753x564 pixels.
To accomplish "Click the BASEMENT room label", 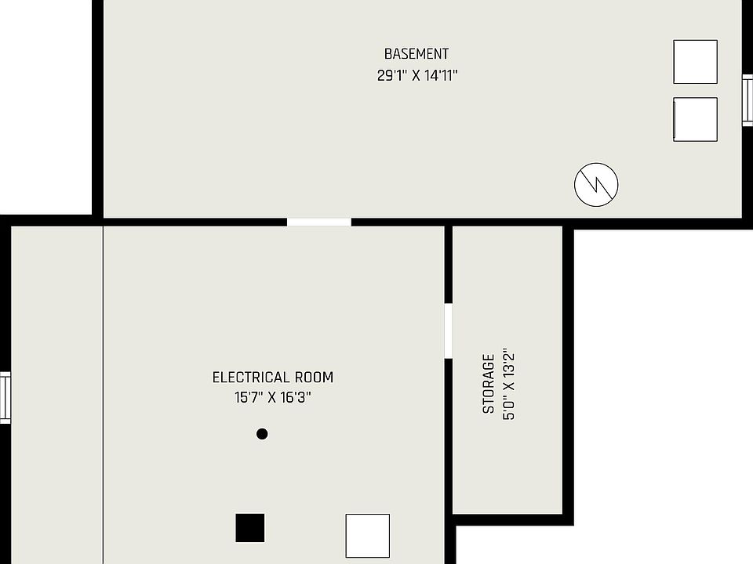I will (x=417, y=54).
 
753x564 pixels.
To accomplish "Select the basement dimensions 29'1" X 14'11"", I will (x=417, y=76).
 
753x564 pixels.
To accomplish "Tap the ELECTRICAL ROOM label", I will (x=273, y=378).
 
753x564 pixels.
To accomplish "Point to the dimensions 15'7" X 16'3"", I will (x=273, y=397).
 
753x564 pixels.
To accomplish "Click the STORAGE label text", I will (x=489, y=384).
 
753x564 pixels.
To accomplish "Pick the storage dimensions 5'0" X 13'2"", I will (x=509, y=384).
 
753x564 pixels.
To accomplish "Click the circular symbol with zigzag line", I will (x=596, y=185).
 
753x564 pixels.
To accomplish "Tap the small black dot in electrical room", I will (x=262, y=434).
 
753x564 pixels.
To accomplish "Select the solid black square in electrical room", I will (x=250, y=528).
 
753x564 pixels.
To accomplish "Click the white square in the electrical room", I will (x=368, y=536).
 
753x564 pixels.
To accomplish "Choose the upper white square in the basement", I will (x=695, y=62).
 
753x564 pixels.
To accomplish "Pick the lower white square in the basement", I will (x=695, y=119).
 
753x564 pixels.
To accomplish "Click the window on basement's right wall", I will (x=748, y=99).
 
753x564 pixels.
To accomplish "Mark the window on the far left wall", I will (x=5, y=398).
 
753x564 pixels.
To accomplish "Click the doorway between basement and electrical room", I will (x=318, y=222).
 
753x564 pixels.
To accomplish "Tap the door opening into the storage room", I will (x=449, y=331).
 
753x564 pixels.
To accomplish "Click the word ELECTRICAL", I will (x=251, y=378).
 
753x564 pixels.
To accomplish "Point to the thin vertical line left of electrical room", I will (x=103, y=392).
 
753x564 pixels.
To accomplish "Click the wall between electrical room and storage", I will (x=449, y=439).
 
